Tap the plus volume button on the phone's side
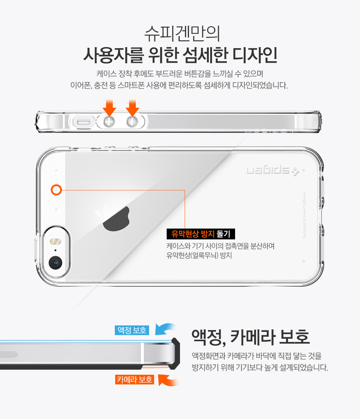click(x=109, y=122)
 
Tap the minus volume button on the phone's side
click(x=132, y=122)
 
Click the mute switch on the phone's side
click(x=84, y=122)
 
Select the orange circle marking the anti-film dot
click(x=56, y=190)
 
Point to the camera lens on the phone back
click(x=55, y=263)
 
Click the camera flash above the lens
click(x=55, y=242)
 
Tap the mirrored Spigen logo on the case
click(x=273, y=171)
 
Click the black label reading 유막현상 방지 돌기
click(x=201, y=234)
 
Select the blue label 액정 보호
click(x=132, y=330)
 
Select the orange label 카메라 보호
click(x=135, y=379)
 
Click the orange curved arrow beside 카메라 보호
click(x=168, y=380)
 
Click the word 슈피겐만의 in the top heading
click(x=182, y=34)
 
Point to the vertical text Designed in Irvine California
click(x=305, y=215)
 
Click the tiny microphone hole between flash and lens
click(x=55, y=251)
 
